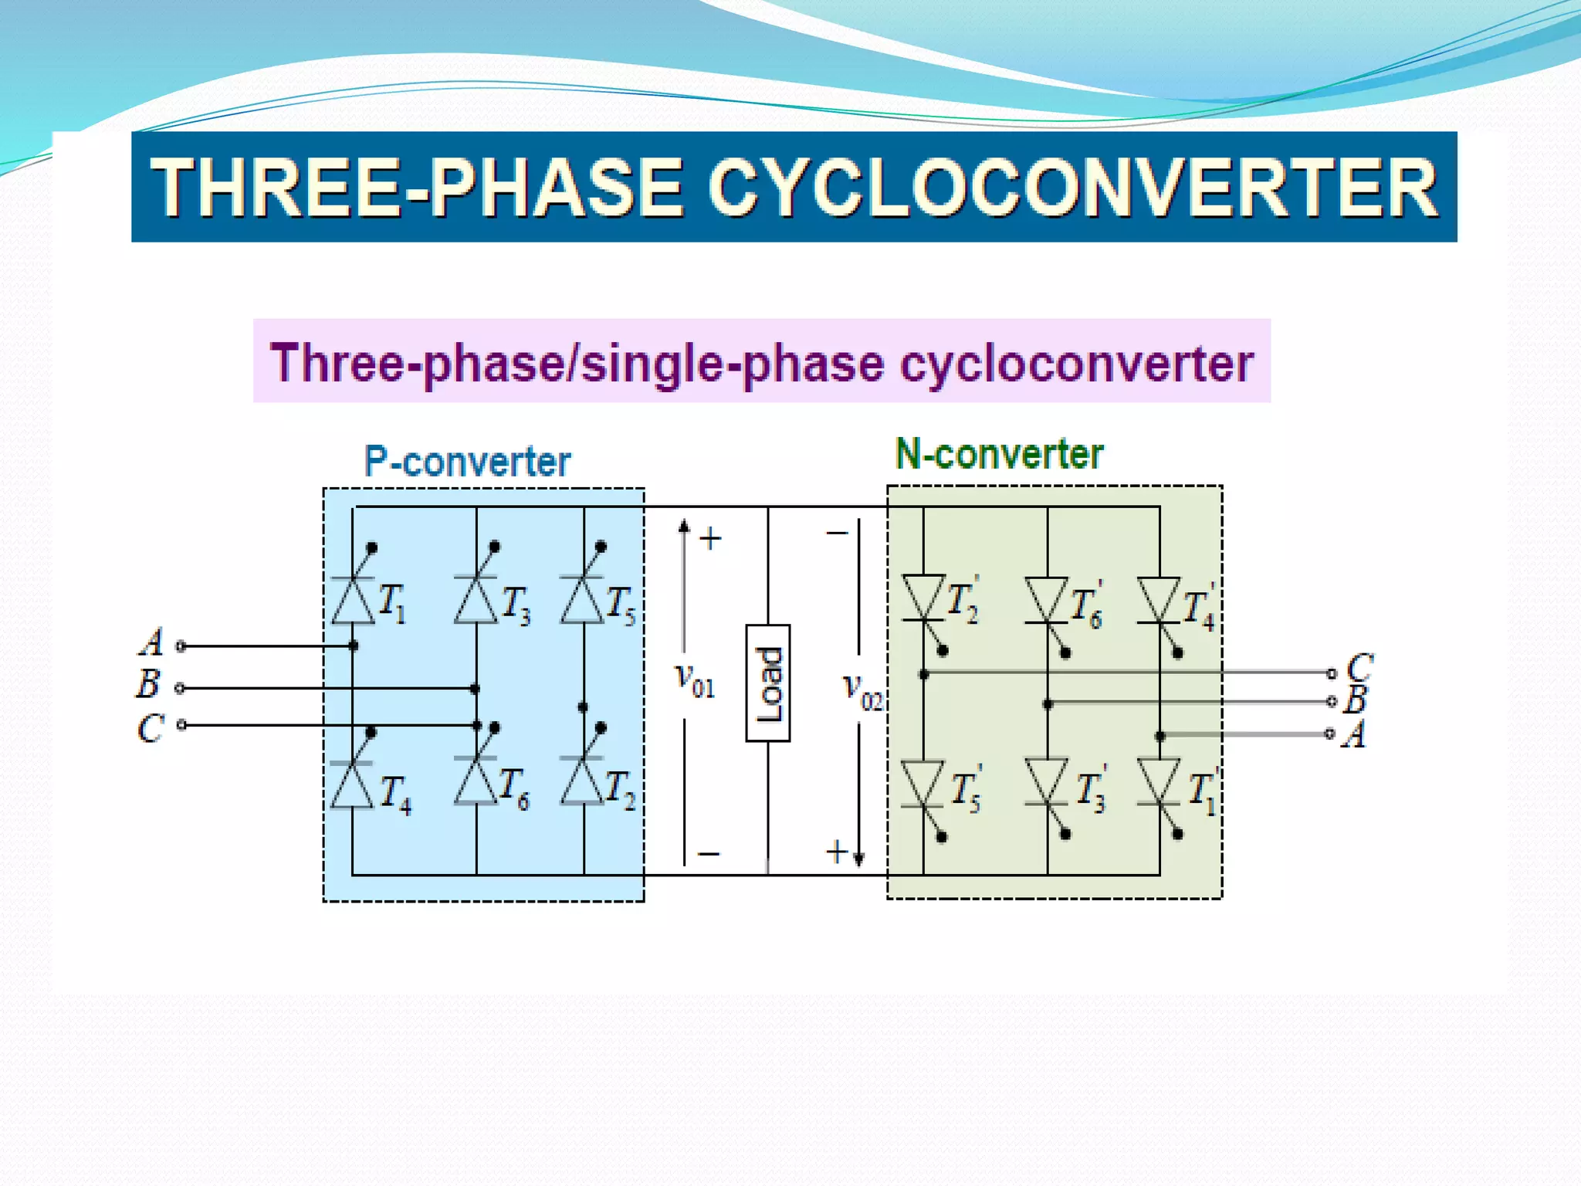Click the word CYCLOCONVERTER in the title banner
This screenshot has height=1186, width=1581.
(1073, 188)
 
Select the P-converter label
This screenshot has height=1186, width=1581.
(467, 462)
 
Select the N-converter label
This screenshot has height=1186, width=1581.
(999, 454)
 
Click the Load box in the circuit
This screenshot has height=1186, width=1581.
(767, 683)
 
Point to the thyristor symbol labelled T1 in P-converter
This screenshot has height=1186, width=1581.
(353, 598)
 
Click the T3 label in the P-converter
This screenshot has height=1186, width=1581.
(516, 605)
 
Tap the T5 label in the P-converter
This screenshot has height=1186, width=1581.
(621, 605)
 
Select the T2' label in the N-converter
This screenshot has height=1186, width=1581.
(963, 601)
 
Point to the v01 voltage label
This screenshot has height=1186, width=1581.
(695, 680)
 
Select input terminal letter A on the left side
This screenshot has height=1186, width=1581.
(152, 642)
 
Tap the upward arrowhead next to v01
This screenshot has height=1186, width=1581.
(684, 527)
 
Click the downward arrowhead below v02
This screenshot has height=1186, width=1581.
(858, 859)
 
